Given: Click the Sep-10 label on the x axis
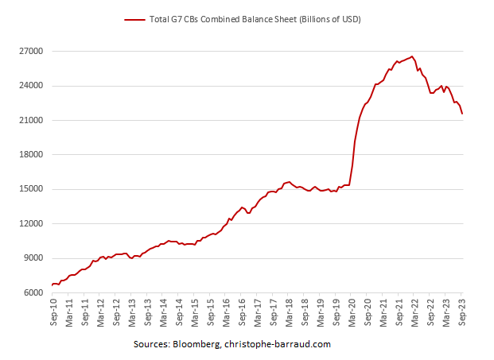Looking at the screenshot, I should (x=53, y=312).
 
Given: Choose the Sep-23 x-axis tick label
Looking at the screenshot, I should (x=461, y=312).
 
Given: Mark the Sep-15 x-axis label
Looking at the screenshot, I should (x=210, y=312).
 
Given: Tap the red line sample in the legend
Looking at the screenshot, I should (x=134, y=19).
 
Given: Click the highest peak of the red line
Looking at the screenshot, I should (x=411, y=56).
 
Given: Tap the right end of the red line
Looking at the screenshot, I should (x=462, y=114).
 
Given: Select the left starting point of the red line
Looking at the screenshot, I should (x=53, y=285).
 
